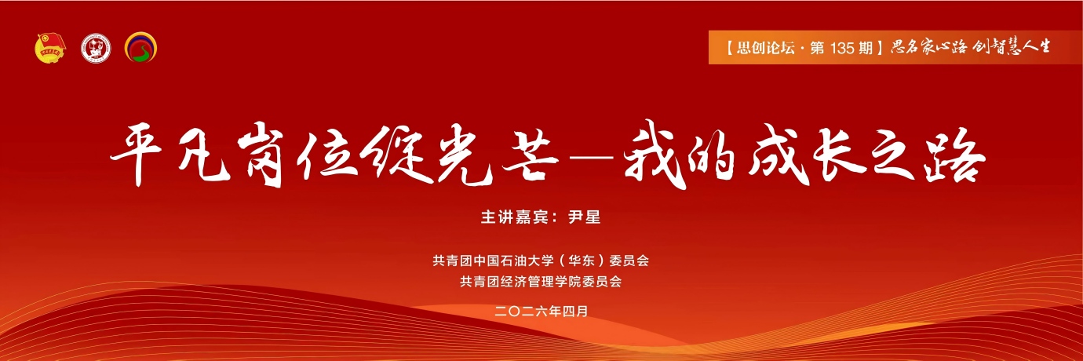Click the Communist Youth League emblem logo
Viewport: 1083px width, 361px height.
tap(51, 49)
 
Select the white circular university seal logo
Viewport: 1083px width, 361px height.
tap(97, 49)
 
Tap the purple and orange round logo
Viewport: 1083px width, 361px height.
tap(141, 49)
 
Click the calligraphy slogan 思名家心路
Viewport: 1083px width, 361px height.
tap(928, 47)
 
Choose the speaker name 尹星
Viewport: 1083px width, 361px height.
tap(584, 218)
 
